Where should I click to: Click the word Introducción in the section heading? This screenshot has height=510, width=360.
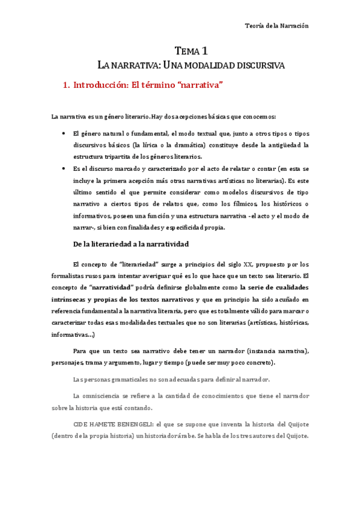point(100,85)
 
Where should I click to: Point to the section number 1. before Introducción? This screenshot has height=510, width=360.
point(67,85)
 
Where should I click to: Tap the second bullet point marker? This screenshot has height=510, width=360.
point(63,169)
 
